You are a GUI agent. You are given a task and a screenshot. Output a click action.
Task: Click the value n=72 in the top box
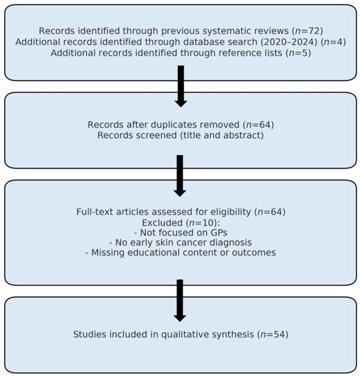coord(307,31)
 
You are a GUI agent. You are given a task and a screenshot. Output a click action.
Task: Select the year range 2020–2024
coord(289,42)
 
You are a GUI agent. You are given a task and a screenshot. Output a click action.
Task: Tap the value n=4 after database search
coord(334,42)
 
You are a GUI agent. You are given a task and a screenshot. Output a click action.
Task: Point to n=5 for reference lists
coord(298,53)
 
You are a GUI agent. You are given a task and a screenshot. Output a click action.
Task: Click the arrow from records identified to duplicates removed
coord(181,86)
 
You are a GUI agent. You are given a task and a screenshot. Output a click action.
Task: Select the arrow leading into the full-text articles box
coord(180,176)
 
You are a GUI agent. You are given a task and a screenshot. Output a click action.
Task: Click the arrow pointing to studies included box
coord(180,301)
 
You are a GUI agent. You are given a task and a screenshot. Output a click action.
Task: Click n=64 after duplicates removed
coord(259,125)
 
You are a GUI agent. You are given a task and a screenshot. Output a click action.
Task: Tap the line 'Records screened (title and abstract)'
coord(181,135)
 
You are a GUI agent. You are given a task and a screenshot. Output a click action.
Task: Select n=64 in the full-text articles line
coord(271,212)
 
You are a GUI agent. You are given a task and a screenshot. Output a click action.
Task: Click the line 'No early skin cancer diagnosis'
coord(181,242)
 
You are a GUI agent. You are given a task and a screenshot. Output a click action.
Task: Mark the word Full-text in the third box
coord(95,212)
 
